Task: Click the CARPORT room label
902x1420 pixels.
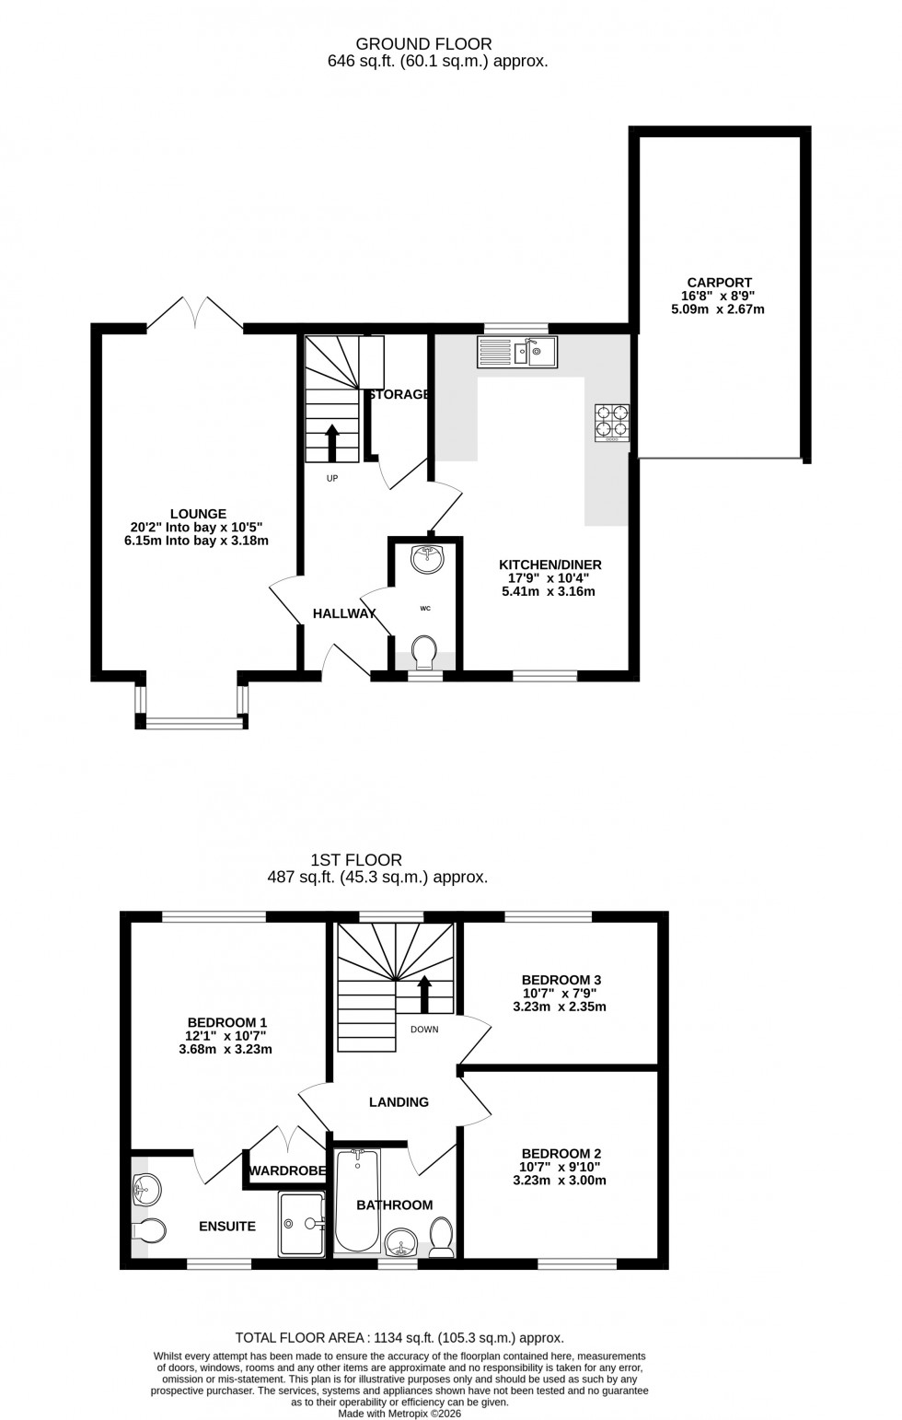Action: [x=719, y=283]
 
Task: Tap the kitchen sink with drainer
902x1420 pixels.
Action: [x=517, y=352]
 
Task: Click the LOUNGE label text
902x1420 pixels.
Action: [x=198, y=514]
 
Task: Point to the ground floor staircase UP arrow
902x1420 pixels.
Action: [x=331, y=443]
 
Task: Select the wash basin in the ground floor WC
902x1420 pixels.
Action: [x=426, y=558]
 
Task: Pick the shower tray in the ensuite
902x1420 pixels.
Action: [x=302, y=1224]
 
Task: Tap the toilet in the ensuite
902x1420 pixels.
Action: [x=149, y=1230]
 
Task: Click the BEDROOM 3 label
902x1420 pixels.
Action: [x=561, y=980]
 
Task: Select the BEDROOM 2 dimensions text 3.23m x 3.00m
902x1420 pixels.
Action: [x=560, y=1180]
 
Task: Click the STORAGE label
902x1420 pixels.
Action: [x=399, y=394]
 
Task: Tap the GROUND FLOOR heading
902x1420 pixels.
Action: [x=423, y=43]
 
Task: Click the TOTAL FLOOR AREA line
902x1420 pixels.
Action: [x=399, y=1338]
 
